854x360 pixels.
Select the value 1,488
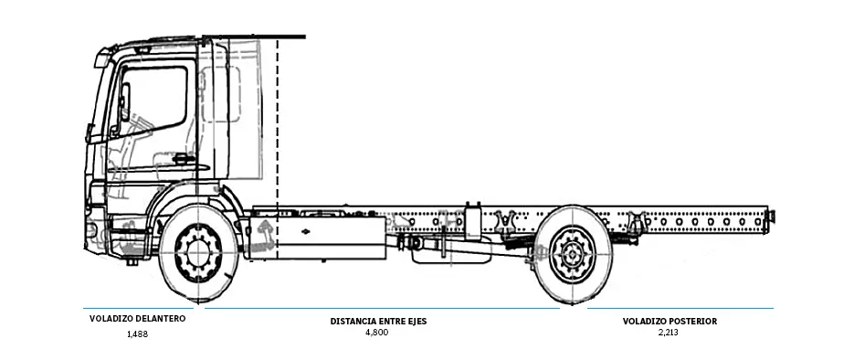point(138,334)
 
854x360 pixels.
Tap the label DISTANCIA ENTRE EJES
point(377,321)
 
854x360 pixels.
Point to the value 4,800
point(376,333)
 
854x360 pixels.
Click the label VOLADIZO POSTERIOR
point(669,321)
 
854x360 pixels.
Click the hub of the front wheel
point(197,253)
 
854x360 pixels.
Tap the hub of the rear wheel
point(573,254)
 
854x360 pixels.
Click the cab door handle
point(184,159)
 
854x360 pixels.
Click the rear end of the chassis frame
point(770,217)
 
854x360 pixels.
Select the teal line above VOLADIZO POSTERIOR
point(680,308)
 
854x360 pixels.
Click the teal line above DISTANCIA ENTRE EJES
point(382,308)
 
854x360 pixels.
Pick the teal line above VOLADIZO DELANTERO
point(138,308)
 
